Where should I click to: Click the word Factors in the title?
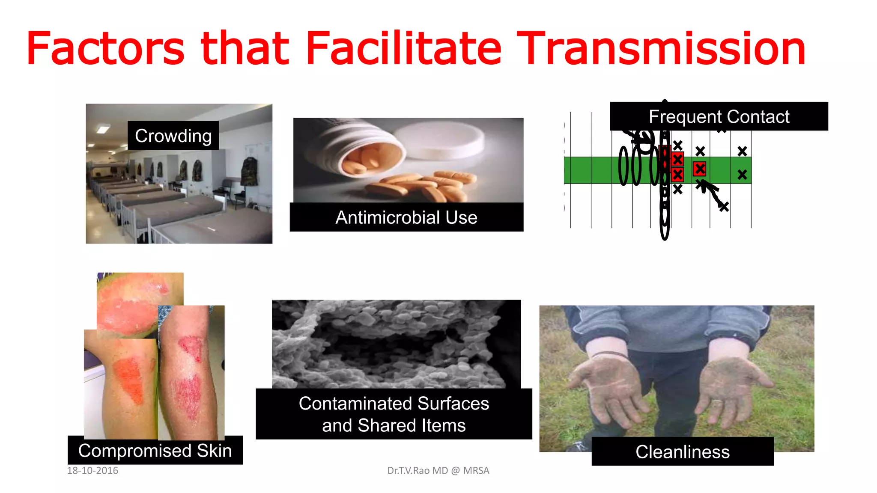tap(105, 49)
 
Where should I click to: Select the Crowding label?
tap(173, 136)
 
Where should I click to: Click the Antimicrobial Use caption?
tap(406, 217)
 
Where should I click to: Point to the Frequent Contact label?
tap(719, 116)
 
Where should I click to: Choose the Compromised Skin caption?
tap(155, 451)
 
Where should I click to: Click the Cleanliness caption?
tap(682, 452)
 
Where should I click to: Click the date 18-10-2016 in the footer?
tap(92, 471)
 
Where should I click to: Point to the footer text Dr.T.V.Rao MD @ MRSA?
tap(438, 471)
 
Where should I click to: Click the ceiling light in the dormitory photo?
tap(102, 128)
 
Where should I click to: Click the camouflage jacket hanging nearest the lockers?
tap(249, 171)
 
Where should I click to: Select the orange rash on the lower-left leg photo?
tap(131, 381)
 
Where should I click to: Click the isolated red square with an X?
tap(700, 169)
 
